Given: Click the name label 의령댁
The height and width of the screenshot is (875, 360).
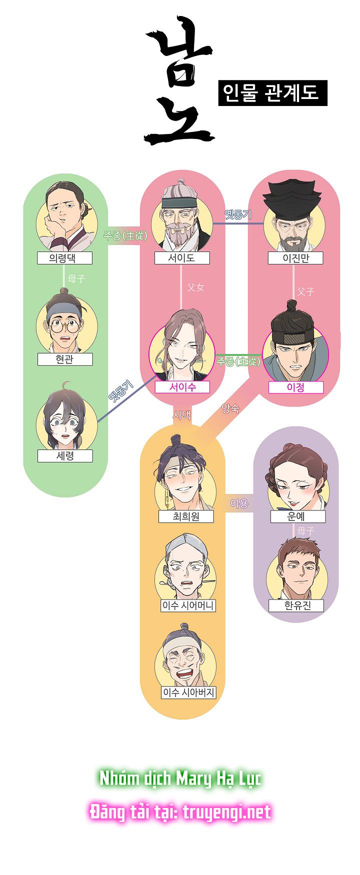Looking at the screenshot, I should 65,258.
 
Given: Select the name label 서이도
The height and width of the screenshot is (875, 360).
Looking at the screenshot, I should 181,258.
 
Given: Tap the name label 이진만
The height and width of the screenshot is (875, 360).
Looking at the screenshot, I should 295,258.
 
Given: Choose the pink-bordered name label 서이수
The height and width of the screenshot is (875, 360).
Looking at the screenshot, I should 182,387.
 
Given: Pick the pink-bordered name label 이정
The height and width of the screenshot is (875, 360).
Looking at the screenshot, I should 295,387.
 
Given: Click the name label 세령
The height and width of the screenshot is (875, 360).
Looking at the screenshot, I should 65,456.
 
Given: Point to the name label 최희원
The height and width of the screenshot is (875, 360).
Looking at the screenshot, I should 185,516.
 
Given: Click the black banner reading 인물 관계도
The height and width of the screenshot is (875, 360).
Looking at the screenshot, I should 272,93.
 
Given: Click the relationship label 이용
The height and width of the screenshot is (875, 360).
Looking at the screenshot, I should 239,503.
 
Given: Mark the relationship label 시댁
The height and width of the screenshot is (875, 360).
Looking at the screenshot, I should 181,414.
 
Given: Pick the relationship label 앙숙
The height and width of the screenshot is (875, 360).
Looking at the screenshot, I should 230,408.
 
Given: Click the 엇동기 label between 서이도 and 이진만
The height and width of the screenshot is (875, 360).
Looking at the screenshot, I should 237,215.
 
